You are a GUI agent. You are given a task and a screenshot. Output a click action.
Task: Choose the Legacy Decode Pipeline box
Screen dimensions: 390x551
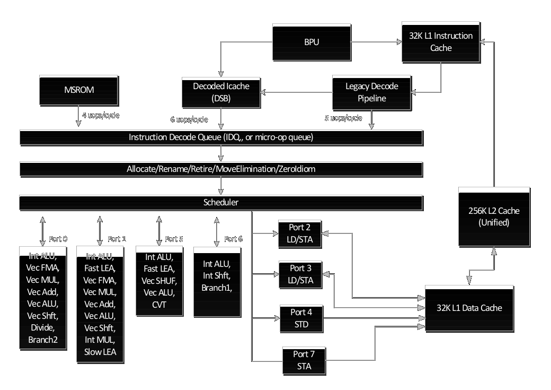(x=371, y=91)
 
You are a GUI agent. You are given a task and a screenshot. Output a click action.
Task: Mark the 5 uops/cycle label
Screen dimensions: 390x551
(x=343, y=118)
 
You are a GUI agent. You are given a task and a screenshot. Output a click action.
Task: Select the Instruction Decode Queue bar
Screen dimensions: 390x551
(x=221, y=137)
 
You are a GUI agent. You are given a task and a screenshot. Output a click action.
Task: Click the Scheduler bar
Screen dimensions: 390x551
(x=221, y=202)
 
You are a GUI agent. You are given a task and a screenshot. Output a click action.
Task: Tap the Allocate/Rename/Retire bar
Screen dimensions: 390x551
(x=221, y=169)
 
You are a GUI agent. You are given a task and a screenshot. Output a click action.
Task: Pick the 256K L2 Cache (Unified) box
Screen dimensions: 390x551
(x=494, y=216)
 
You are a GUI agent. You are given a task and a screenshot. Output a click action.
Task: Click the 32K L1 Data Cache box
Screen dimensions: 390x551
(x=469, y=308)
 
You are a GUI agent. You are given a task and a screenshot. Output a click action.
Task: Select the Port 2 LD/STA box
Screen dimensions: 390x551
(x=300, y=233)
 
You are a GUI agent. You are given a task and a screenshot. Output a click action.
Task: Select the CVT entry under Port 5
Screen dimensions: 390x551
(x=159, y=304)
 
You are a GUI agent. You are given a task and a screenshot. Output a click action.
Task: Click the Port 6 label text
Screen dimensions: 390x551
(x=233, y=239)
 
